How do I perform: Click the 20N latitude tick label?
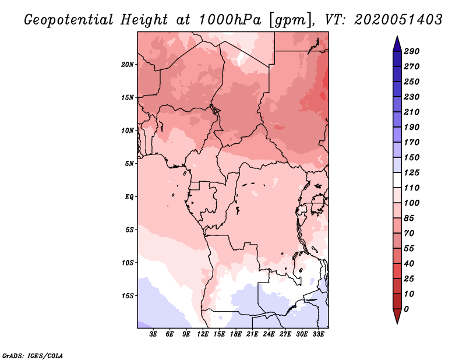(128, 64)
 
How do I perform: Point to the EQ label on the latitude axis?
(129, 196)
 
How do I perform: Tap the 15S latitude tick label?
(128, 296)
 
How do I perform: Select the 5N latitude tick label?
(129, 164)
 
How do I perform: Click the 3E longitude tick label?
(153, 334)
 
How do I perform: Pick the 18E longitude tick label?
(236, 334)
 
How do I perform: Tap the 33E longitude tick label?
(318, 334)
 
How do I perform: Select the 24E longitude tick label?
(269, 334)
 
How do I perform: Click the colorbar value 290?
(411, 51)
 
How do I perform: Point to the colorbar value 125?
(411, 172)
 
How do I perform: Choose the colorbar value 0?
(406, 309)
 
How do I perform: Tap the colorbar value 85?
(409, 218)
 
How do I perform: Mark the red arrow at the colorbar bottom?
(397, 316)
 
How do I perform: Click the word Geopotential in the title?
(69, 20)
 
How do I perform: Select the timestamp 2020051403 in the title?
(398, 20)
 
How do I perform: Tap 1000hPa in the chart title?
(230, 20)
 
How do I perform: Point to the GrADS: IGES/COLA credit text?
(32, 356)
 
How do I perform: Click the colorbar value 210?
(411, 112)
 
